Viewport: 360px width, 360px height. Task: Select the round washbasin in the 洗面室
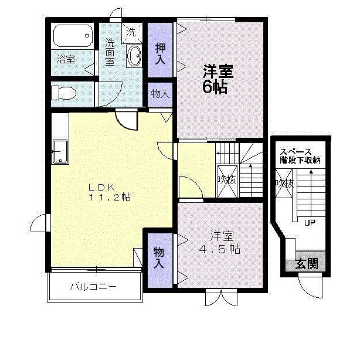pos(134,57)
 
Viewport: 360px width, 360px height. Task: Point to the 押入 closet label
pos(160,53)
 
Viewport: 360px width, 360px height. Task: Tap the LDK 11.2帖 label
pos(109,193)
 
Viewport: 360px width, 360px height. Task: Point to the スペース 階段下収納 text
pos(300,155)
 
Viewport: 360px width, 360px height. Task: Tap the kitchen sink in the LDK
pos(60,152)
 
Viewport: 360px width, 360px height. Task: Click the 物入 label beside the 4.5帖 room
pos(159,259)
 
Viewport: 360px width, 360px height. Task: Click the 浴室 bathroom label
pos(66,59)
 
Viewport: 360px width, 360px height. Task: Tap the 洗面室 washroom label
pos(110,52)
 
